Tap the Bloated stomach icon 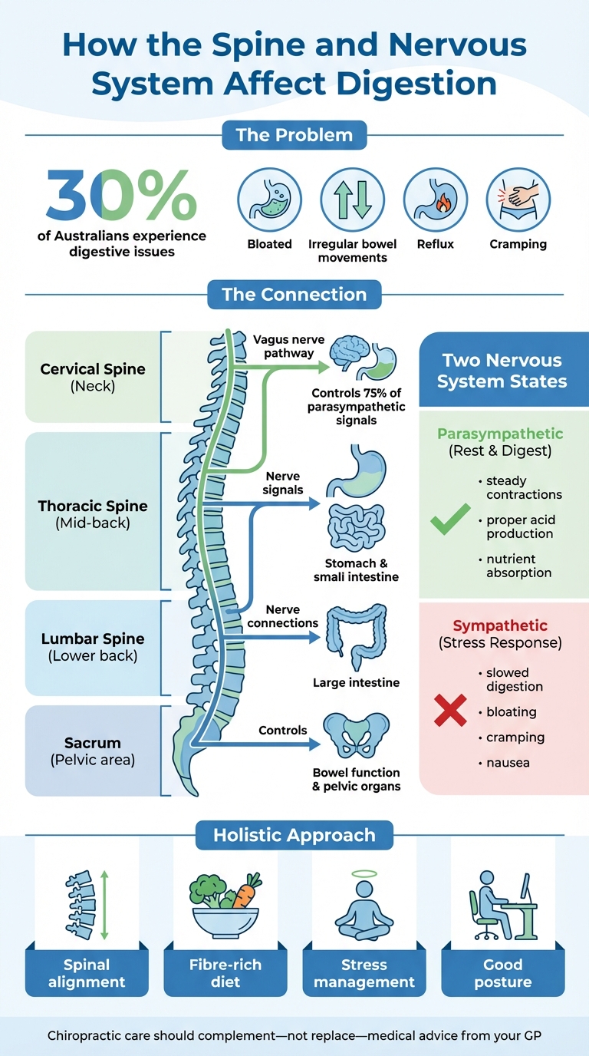click(269, 201)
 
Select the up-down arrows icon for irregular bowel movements click(352, 201)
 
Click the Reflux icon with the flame click(435, 201)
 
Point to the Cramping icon click(518, 201)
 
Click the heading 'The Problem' click(294, 135)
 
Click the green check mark click(450, 521)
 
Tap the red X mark click(450, 711)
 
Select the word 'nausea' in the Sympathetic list click(508, 763)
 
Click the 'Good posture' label click(502, 972)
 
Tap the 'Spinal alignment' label click(87, 972)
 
